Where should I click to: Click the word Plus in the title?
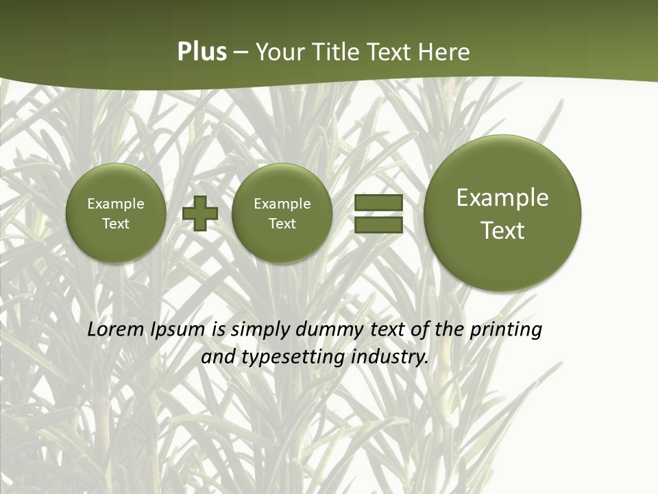click(202, 52)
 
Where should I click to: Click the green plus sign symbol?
click(200, 213)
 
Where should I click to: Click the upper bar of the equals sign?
click(378, 202)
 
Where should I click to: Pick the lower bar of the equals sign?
click(378, 224)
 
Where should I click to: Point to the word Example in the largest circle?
click(502, 198)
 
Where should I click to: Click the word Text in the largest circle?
click(502, 231)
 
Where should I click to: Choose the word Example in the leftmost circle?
click(116, 204)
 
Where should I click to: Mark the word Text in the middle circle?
click(282, 224)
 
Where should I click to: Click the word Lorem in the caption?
click(116, 329)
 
